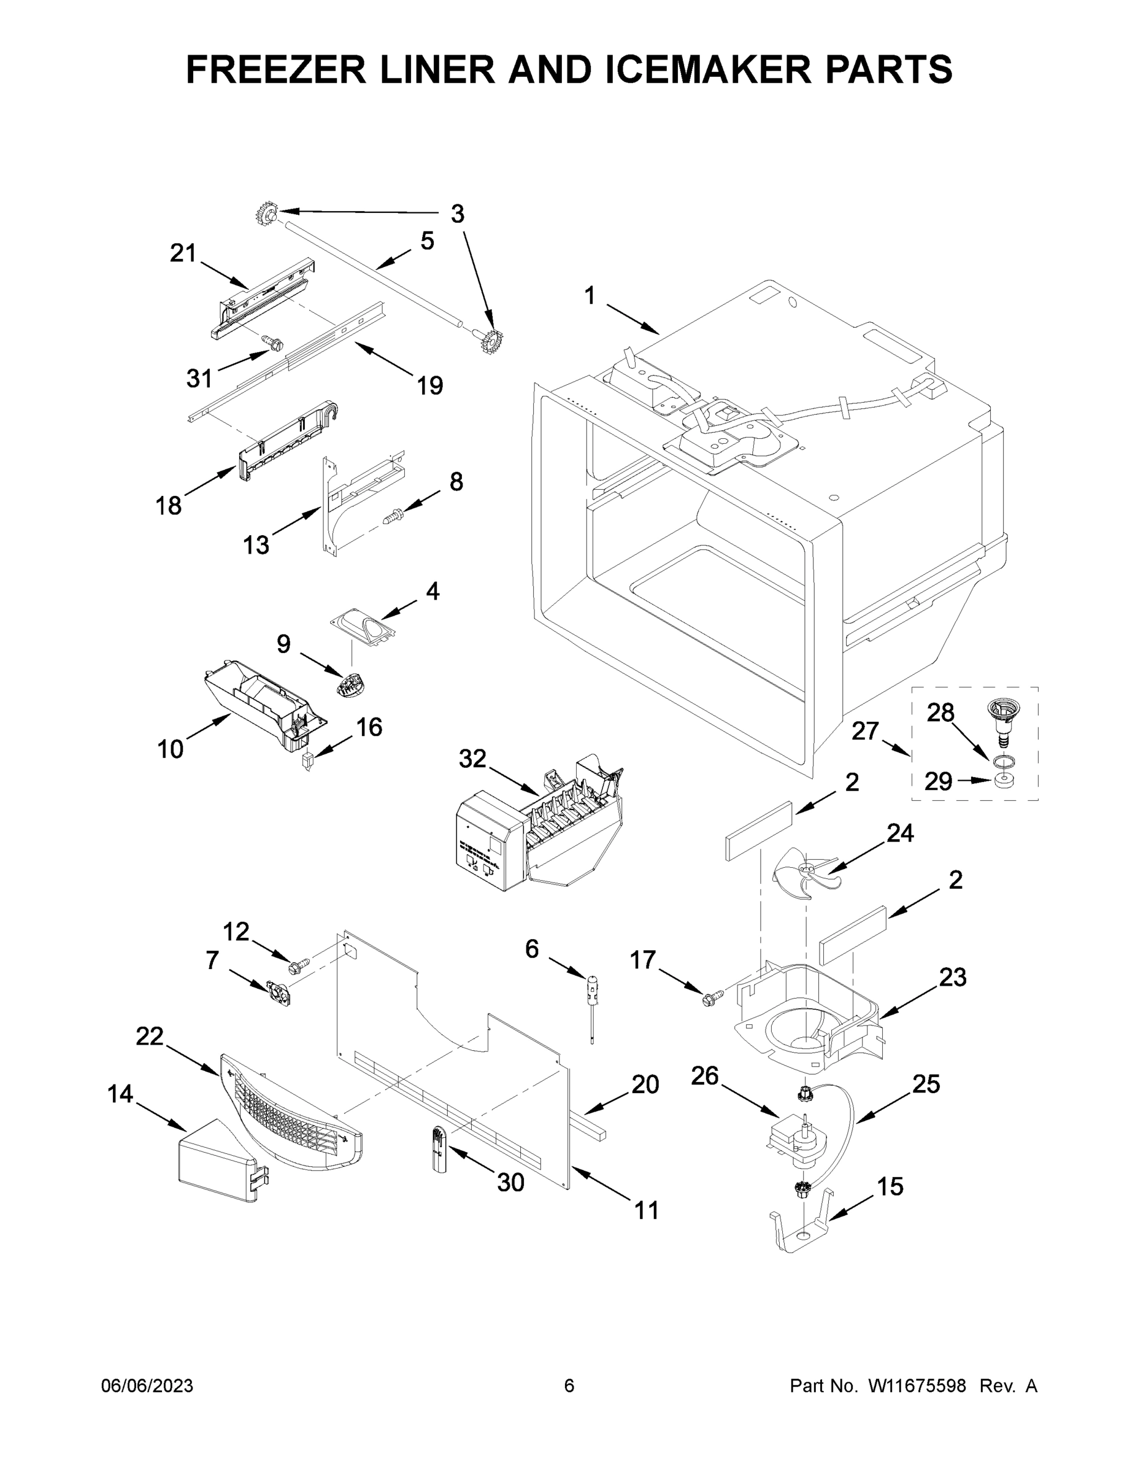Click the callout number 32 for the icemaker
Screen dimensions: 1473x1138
(x=472, y=759)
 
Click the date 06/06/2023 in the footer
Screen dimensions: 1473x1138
(x=147, y=1386)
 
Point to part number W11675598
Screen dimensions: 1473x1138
(x=917, y=1386)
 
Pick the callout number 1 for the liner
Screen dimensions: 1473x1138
(x=590, y=295)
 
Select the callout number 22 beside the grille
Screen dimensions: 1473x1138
(x=150, y=1036)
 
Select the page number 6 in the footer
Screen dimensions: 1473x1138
(x=569, y=1386)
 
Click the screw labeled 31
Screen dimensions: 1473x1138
(x=274, y=346)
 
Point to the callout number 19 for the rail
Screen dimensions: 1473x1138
(x=429, y=386)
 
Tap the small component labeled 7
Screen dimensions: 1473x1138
(x=279, y=992)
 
